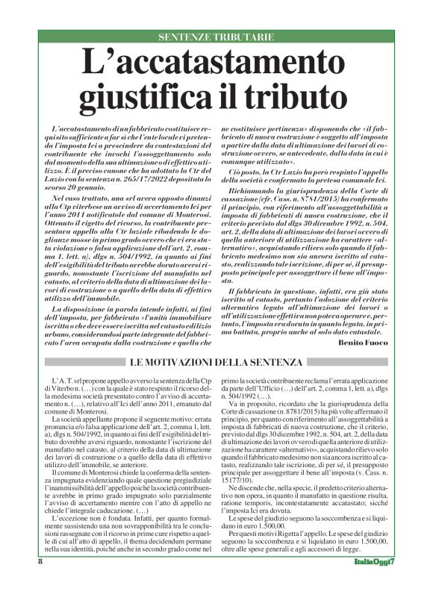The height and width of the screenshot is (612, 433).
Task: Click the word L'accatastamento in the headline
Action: tap(216, 62)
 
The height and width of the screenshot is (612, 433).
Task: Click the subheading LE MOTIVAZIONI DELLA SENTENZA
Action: tap(216, 362)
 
